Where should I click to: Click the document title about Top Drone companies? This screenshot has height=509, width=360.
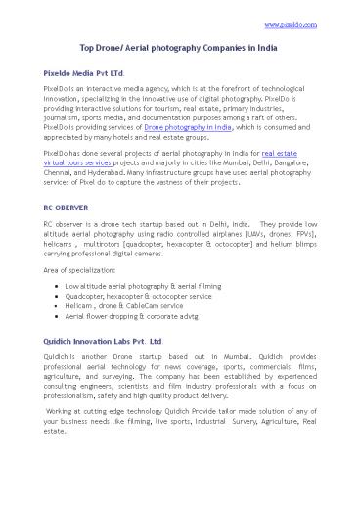pos(181,48)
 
